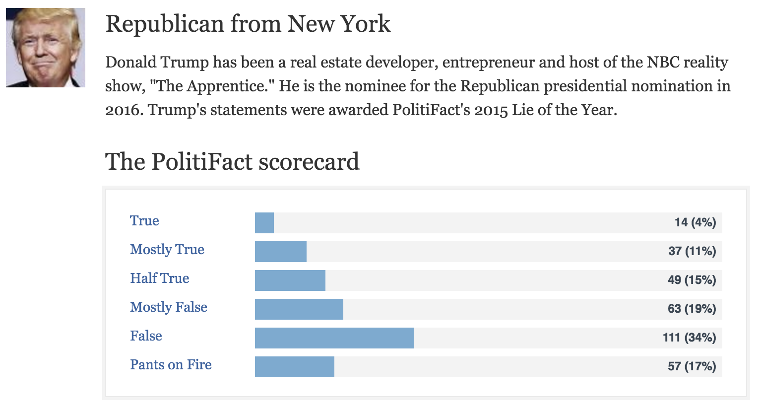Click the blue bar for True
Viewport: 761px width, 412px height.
264,223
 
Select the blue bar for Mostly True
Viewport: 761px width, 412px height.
281,252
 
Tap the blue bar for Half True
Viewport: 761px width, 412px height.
290,280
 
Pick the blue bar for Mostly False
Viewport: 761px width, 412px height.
299,309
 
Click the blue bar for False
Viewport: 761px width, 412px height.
334,338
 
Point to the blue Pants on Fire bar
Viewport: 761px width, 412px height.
295,367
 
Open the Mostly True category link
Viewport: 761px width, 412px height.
167,250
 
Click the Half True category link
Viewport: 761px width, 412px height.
160,278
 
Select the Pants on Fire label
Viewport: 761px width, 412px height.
171,365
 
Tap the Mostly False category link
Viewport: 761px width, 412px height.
169,307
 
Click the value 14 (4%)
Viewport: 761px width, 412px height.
695,223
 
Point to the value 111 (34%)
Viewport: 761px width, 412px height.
689,338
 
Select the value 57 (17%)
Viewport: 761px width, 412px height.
692,367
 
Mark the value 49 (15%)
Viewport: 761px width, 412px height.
692,280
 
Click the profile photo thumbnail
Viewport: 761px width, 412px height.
46,48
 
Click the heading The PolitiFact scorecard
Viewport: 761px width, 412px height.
232,162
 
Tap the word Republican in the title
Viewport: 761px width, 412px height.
165,24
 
